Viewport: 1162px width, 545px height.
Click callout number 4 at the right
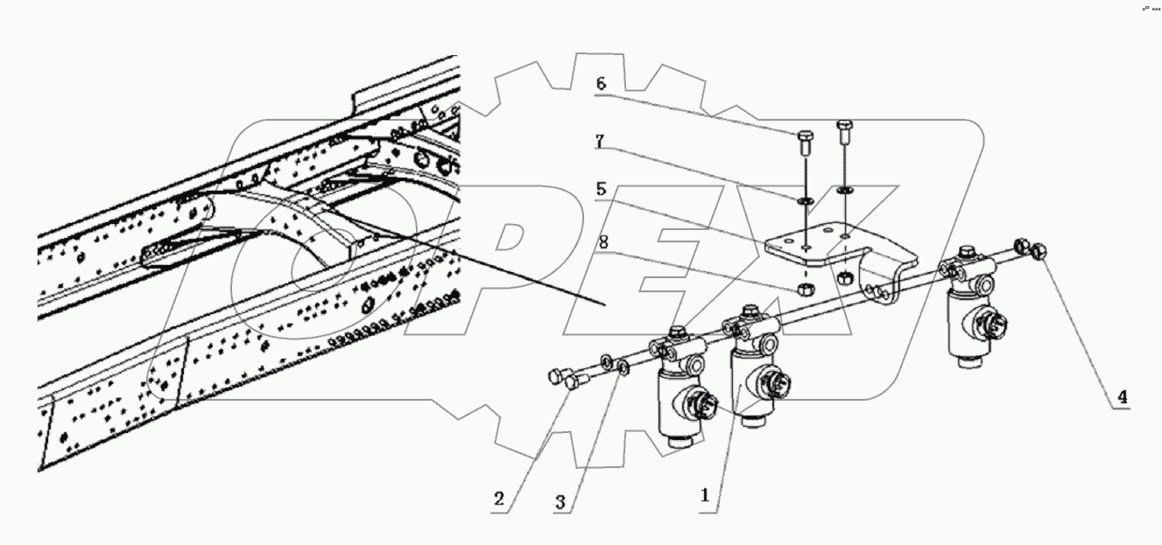pos(1121,396)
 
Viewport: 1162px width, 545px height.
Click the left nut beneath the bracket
pos(803,289)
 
